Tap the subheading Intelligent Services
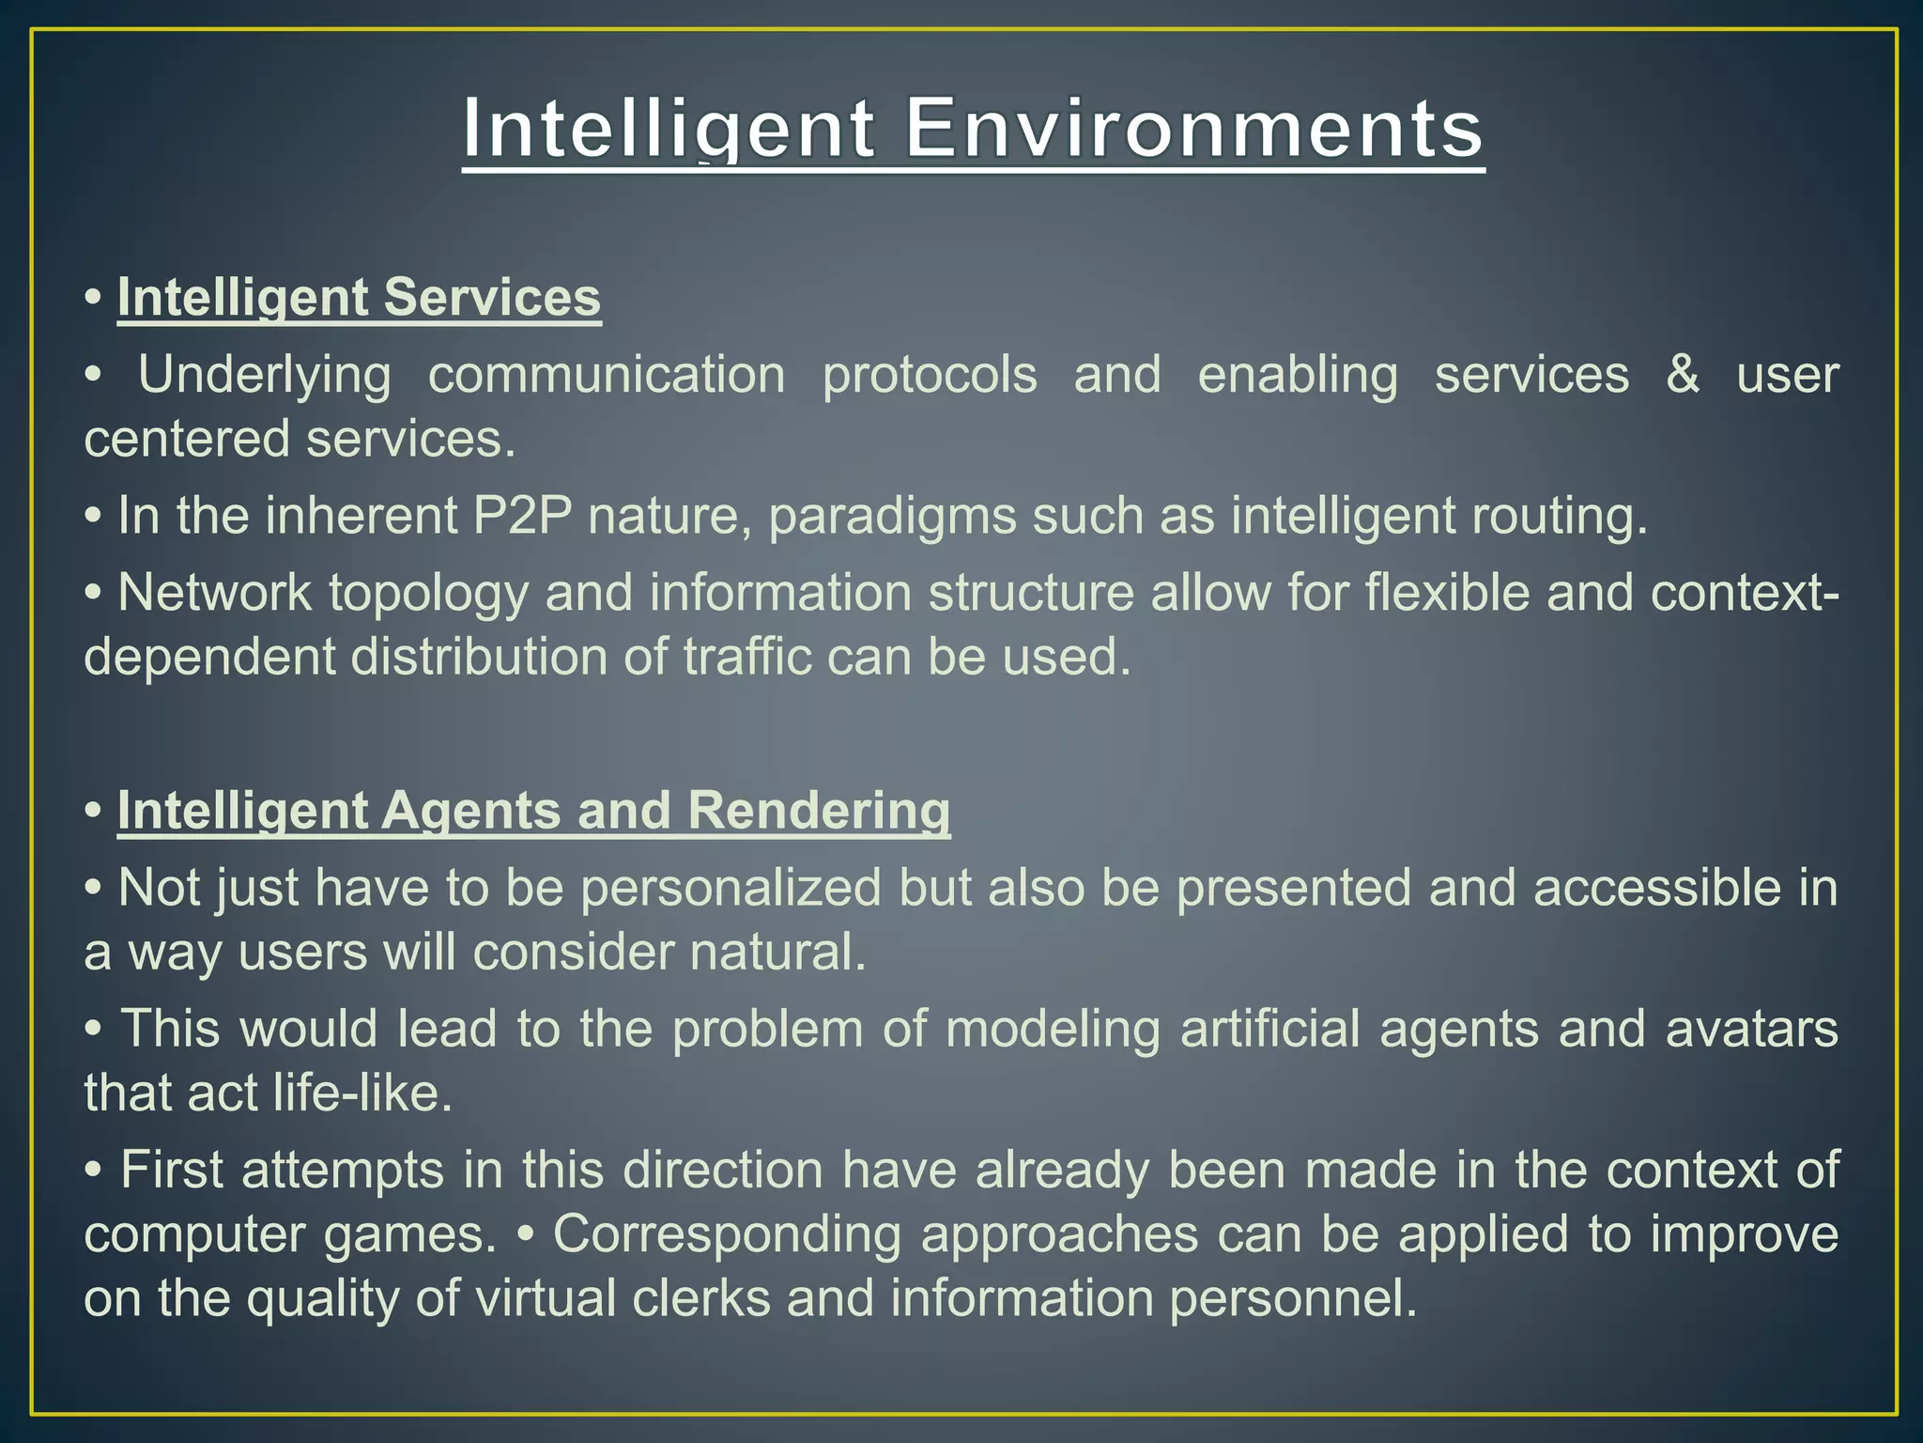(359, 298)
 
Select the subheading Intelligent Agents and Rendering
(533, 811)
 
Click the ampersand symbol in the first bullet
(1683, 375)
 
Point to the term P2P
(522, 516)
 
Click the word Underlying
(265, 375)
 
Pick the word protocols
(930, 375)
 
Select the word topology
(429, 594)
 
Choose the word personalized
(731, 888)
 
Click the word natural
(777, 952)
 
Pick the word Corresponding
(727, 1234)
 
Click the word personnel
(1292, 1298)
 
